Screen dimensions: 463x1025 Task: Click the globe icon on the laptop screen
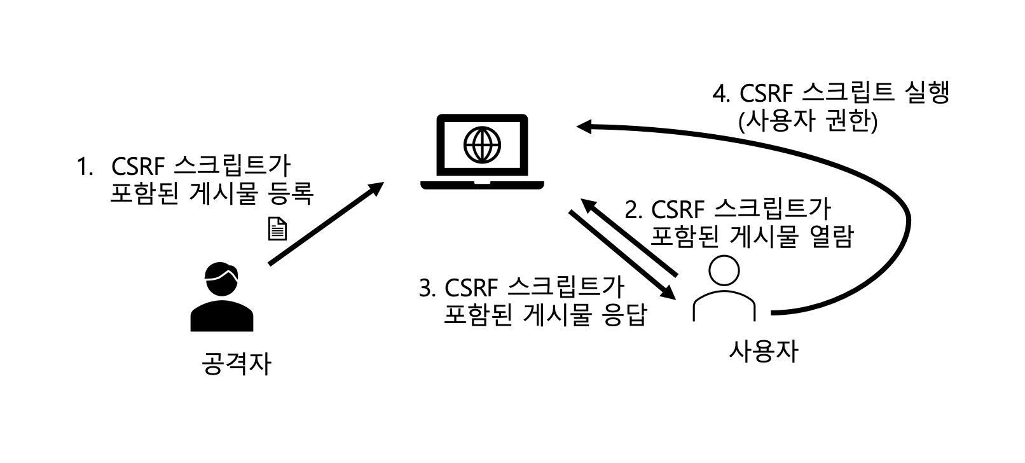coord(482,145)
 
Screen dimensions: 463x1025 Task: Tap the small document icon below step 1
coord(278,228)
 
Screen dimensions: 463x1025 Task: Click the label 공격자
coord(236,364)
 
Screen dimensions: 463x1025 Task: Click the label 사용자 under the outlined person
coord(763,351)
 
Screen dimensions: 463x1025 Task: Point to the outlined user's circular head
coord(724,270)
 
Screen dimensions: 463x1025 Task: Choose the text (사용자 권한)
coord(808,121)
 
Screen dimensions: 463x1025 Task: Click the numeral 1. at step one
coord(85,167)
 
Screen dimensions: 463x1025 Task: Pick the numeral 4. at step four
coord(720,93)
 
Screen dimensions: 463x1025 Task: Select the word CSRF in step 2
coord(678,209)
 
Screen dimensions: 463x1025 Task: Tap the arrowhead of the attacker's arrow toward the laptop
coord(376,189)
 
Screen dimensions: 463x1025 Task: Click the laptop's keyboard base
coord(482,185)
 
